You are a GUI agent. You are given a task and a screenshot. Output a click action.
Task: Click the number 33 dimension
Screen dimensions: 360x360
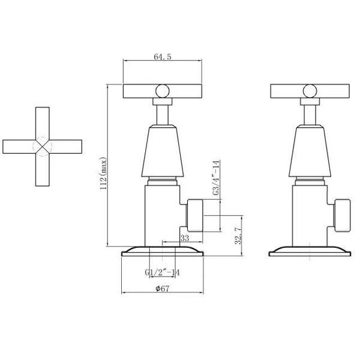coord(185,238)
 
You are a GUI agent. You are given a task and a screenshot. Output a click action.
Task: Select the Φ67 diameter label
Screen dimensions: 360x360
coord(164,289)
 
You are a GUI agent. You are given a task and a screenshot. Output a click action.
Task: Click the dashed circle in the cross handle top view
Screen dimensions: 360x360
coord(42,146)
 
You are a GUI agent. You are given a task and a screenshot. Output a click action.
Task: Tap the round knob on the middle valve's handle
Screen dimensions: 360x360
coord(162,91)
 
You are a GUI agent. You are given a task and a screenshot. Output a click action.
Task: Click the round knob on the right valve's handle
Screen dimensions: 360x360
coord(310,91)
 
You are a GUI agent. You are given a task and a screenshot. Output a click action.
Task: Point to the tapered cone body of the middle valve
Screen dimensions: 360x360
coord(162,153)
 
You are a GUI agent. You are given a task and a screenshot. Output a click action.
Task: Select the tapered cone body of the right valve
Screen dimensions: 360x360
coord(310,153)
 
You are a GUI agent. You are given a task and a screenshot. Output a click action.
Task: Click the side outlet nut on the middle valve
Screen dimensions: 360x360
coord(196,216)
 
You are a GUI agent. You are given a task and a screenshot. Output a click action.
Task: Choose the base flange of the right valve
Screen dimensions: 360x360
coord(310,251)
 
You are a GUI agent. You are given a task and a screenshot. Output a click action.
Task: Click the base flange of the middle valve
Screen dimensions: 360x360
coord(162,251)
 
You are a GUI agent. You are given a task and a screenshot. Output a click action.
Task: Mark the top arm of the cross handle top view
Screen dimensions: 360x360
coord(42,122)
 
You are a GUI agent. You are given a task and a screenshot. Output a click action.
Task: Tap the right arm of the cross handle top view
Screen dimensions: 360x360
coord(67,146)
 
